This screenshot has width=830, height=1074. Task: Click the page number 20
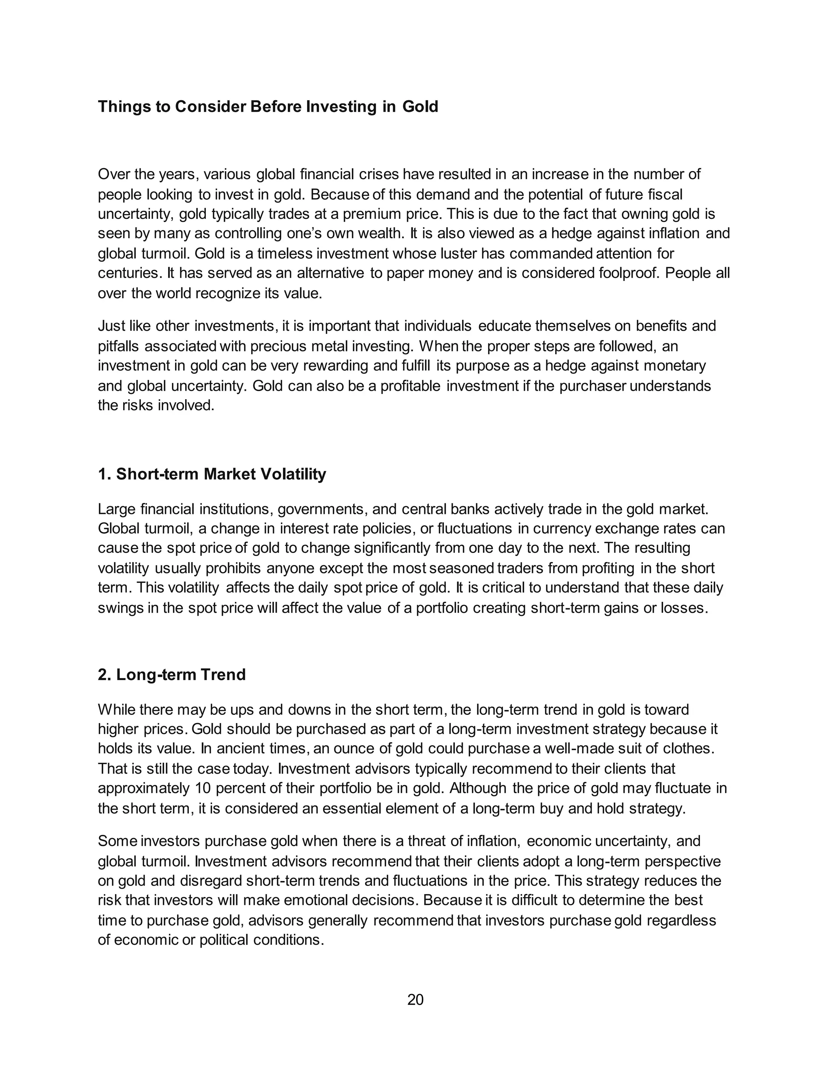415,1000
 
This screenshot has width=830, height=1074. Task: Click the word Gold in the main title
420,106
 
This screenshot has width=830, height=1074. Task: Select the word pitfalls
118,346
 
